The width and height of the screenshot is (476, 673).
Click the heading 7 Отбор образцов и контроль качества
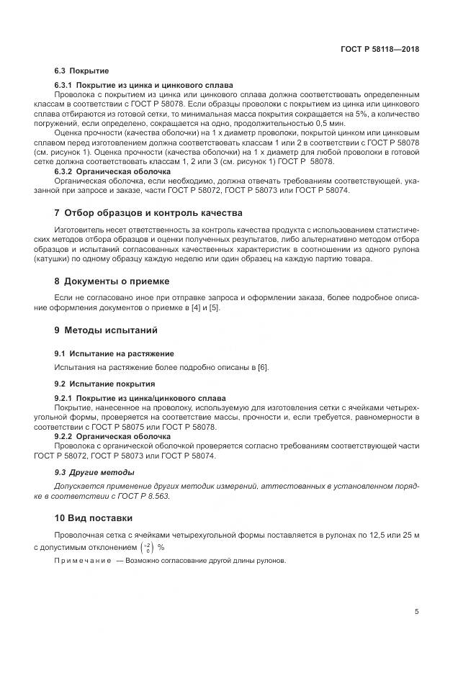148,213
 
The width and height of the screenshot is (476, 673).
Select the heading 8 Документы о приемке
111,281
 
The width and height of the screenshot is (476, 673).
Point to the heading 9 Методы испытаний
105,330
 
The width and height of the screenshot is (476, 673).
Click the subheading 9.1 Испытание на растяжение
114,353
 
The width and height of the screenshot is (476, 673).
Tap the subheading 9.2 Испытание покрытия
104,384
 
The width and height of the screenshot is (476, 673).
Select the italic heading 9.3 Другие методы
94,472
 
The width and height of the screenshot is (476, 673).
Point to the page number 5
416,611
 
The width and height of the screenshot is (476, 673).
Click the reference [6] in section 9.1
263,368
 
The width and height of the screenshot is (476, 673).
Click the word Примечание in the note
83,561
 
